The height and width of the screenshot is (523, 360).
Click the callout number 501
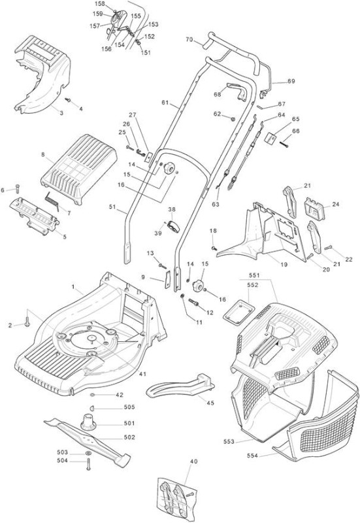(129, 423)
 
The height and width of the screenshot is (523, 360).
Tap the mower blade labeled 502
(88, 437)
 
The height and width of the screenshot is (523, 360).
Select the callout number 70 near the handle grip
(189, 40)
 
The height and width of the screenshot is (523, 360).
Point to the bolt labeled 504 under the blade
(88, 464)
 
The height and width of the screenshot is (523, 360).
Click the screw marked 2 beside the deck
(27, 322)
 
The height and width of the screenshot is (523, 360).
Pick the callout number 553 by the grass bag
(229, 442)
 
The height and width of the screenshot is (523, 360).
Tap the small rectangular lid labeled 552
(238, 312)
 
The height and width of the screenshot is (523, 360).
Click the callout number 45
(210, 403)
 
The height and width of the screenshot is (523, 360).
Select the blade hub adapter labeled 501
(88, 421)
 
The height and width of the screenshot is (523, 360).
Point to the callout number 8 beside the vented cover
(42, 154)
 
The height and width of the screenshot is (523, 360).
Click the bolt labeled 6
(18, 188)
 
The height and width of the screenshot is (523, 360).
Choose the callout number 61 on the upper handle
(165, 103)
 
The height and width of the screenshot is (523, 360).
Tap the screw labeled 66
(284, 144)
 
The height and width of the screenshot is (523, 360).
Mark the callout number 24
(336, 204)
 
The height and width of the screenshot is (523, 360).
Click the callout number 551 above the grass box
(254, 275)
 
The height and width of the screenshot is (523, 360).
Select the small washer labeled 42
(93, 395)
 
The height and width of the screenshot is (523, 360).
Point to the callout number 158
(100, 4)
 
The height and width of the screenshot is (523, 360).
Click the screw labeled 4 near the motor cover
(69, 99)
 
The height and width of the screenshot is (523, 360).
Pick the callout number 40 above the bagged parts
(193, 462)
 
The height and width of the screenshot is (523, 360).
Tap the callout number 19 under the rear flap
(284, 265)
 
